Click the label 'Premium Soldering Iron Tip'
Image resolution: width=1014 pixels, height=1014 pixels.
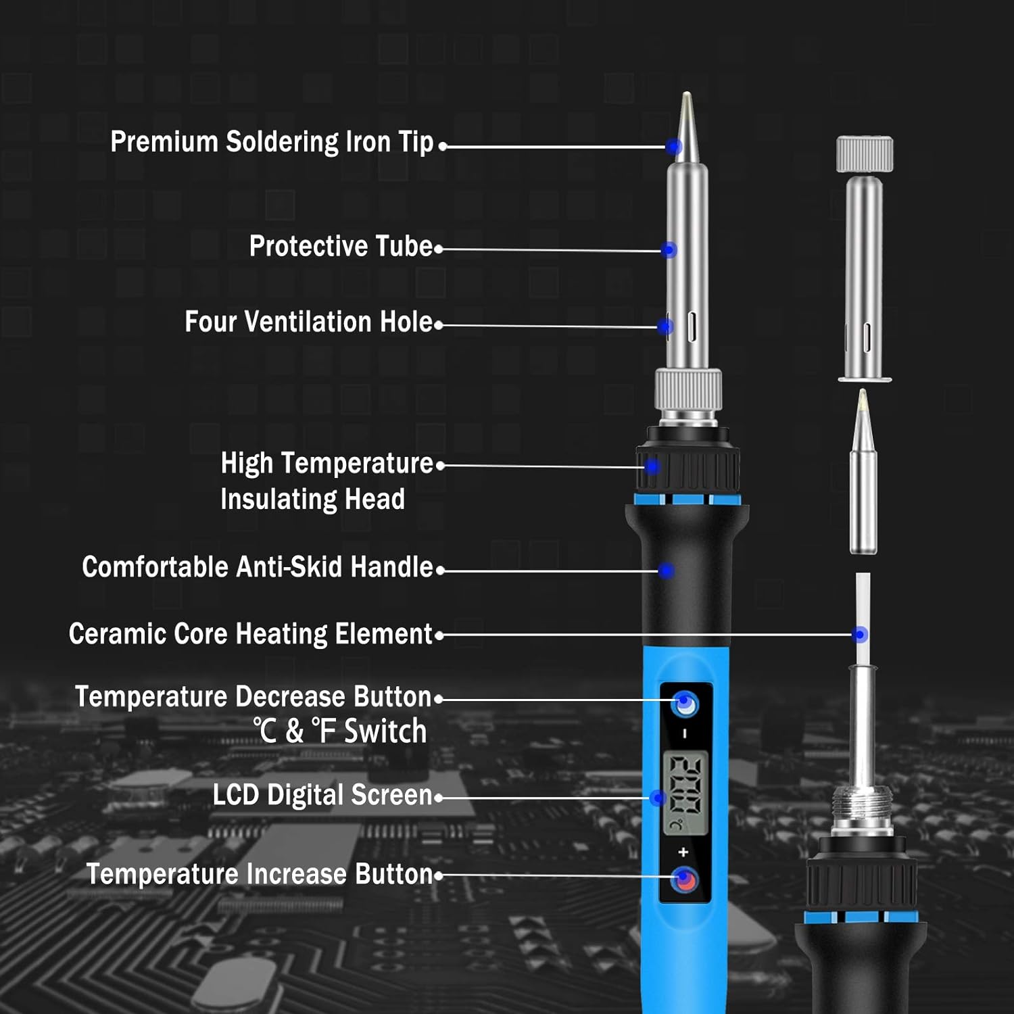click(272, 143)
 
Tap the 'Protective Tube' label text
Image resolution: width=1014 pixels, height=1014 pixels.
click(341, 246)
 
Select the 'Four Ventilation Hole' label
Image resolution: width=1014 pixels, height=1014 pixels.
click(308, 322)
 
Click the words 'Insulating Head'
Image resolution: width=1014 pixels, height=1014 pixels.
click(312, 500)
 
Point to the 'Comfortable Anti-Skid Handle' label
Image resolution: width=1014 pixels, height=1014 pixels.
click(257, 567)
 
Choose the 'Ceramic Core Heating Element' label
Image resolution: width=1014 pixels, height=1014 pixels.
click(250, 634)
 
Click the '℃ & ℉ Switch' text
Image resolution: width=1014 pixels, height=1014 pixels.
click(340, 731)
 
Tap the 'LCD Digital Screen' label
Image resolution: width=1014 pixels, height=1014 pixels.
click(322, 795)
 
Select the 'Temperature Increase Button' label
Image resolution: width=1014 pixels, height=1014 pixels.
click(259, 874)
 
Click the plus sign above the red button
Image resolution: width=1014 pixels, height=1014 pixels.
click(683, 852)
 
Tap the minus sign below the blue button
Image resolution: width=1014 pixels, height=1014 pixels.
click(684, 733)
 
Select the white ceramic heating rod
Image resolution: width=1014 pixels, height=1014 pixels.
click(863, 608)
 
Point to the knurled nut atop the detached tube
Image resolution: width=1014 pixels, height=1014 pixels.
click(865, 154)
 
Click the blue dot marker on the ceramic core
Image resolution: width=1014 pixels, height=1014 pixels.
click(860, 634)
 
